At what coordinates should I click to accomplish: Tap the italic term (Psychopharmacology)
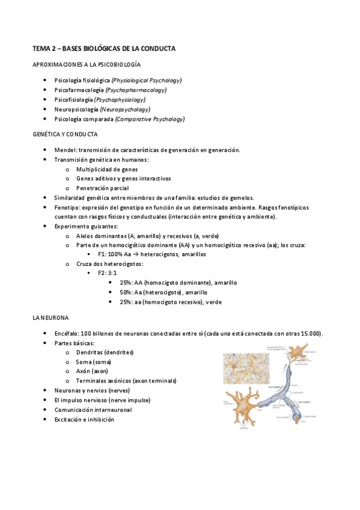(x=136, y=90)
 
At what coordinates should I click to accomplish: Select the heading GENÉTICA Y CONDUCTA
(x=64, y=135)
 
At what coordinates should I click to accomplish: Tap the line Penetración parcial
(x=102, y=188)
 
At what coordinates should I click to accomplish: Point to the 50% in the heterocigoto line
(x=126, y=292)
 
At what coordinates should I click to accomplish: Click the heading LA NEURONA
(x=50, y=317)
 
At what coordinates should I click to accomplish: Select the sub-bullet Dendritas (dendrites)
(x=105, y=352)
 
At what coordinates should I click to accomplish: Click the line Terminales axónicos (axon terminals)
(x=126, y=381)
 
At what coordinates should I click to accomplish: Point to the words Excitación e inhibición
(x=84, y=419)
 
